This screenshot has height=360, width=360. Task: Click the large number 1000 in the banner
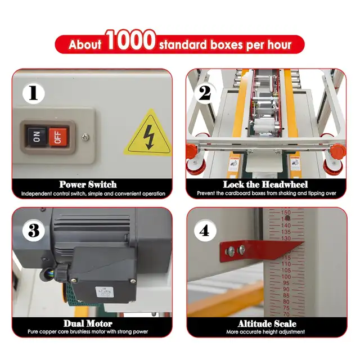(130, 40)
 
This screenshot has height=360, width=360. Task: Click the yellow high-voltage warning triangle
(148, 134)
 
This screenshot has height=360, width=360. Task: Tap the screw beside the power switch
(85, 137)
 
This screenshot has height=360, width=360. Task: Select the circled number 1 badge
(34, 93)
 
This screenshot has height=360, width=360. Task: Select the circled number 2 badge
(205, 93)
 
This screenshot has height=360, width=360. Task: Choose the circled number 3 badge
(34, 230)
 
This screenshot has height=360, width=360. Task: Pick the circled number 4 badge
(205, 230)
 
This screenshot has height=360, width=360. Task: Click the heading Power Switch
(88, 184)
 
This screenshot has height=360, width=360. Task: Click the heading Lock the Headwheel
(265, 184)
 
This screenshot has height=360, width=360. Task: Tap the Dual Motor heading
(88, 323)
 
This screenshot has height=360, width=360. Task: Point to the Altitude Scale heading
(267, 324)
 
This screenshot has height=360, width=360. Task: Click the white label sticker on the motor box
(105, 292)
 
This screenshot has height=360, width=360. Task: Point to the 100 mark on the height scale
(286, 277)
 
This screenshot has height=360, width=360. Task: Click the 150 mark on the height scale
(286, 213)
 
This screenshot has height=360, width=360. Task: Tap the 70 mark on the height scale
(286, 314)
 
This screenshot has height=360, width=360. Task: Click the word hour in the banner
(280, 44)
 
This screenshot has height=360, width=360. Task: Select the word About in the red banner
(85, 44)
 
